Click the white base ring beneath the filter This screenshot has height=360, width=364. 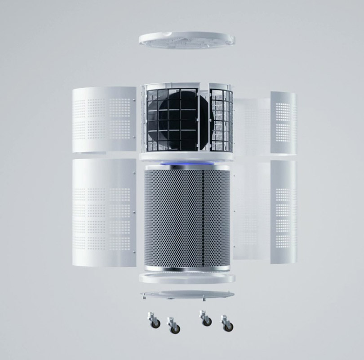pos(186,277)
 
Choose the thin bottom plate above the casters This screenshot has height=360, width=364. pos(186,295)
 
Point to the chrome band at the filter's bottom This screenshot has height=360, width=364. pos(186,268)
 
